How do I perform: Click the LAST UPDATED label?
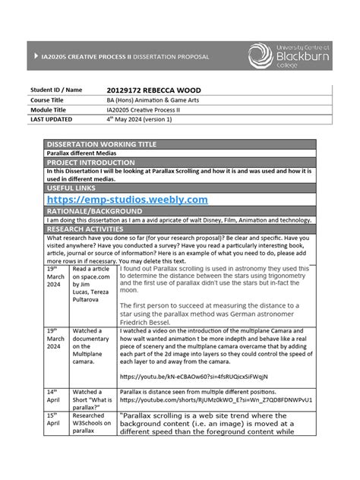52,119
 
